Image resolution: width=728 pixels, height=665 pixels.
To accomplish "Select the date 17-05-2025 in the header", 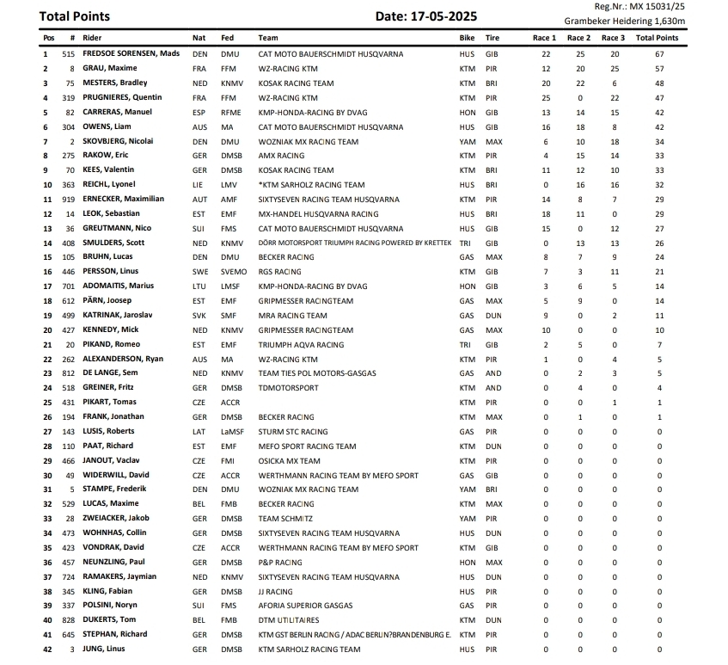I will point(426,16).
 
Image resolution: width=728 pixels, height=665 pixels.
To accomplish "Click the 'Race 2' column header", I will point(579,38).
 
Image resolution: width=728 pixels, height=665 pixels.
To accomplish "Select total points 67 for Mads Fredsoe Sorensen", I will point(658,53).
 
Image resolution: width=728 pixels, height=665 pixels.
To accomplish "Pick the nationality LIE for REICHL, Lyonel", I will point(199,185).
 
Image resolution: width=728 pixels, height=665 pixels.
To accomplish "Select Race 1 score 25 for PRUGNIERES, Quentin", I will point(545,98).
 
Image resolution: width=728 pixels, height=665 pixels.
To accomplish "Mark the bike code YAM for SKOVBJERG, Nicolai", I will point(467,142).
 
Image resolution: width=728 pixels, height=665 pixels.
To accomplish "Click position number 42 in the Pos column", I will point(47,650).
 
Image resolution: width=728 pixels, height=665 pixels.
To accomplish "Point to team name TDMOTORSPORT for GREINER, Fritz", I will point(288,388).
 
